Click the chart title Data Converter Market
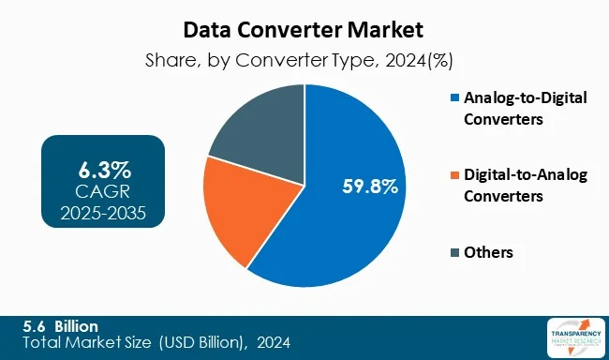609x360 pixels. click(x=304, y=29)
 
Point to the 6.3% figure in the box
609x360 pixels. click(x=103, y=171)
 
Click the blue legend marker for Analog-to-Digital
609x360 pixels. click(x=455, y=97)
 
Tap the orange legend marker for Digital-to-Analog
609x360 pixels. click(x=455, y=174)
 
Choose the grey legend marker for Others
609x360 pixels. click(x=455, y=252)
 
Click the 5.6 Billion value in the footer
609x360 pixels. click(x=61, y=325)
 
